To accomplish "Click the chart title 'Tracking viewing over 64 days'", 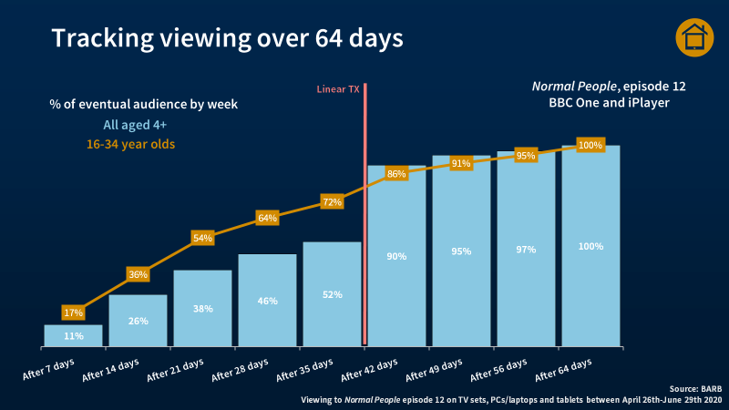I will (x=227, y=39).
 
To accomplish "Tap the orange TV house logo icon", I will (x=693, y=37).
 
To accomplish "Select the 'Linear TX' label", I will (x=338, y=89).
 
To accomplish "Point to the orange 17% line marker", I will (x=74, y=313).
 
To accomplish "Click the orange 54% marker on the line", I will (x=202, y=238).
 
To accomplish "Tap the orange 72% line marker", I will (x=332, y=201).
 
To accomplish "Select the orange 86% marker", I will (x=396, y=173).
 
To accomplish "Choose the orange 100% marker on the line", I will (x=590, y=145).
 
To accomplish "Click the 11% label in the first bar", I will (x=74, y=336).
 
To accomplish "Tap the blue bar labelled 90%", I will (x=396, y=256).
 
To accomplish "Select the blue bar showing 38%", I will (x=202, y=309).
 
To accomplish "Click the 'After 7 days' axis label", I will (x=50, y=370).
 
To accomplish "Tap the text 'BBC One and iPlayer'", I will (x=609, y=104).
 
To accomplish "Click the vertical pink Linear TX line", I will (x=364, y=219).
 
